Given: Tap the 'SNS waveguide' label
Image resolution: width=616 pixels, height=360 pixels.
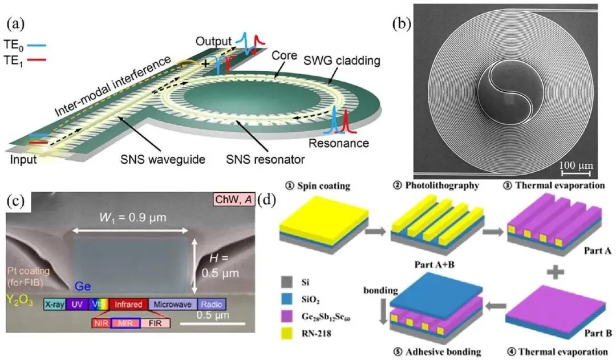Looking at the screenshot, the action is pos(163,159).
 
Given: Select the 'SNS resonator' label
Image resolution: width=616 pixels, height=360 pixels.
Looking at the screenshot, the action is pos(265,159).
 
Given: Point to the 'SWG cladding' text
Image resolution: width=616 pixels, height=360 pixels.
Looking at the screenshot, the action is pos(342,60).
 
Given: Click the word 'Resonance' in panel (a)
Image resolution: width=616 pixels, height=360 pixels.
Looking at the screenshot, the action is pos(339,143).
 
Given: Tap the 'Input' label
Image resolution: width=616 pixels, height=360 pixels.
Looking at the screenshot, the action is pos(23,160).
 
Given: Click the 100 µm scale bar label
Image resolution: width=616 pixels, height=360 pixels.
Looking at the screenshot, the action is pos(576,165).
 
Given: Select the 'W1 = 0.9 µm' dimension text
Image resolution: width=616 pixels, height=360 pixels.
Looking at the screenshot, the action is pos(133,217).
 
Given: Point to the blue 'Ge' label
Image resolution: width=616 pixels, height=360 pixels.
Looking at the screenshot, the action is pos(83,286).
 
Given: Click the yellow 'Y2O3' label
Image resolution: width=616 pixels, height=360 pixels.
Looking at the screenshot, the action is pos(19,301).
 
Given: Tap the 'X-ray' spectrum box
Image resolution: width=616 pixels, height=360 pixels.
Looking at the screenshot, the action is pos(55,304).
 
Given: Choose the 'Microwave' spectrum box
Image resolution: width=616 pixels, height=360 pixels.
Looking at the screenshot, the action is pos(172,304).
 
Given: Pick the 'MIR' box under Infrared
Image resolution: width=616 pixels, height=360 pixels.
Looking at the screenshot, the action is pos(125,323).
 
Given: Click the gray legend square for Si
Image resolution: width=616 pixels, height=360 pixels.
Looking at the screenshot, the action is pos(287,282).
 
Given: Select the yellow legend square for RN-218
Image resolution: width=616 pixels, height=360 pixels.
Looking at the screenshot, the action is pos(287,333).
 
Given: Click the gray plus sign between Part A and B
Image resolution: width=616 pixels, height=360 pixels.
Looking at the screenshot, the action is pos(556,271).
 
